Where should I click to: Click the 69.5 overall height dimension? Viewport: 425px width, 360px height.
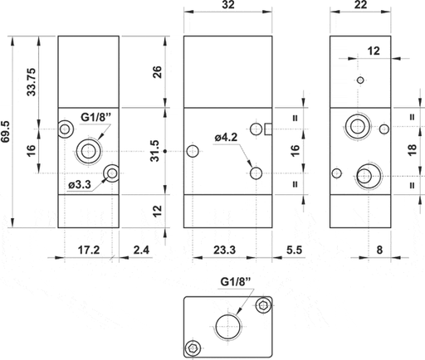(7, 131)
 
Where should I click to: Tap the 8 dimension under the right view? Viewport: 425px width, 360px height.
(379, 247)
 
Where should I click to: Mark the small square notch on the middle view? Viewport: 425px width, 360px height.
(268, 129)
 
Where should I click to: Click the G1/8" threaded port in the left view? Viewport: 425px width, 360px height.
(87, 150)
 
